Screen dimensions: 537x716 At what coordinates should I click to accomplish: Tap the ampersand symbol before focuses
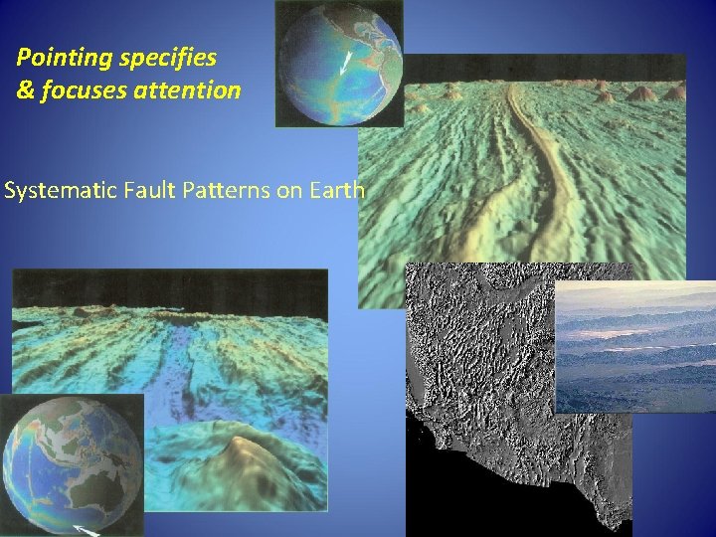25,90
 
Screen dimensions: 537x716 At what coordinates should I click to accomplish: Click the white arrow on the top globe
345,63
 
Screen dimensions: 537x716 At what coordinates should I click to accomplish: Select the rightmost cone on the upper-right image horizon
676,91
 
